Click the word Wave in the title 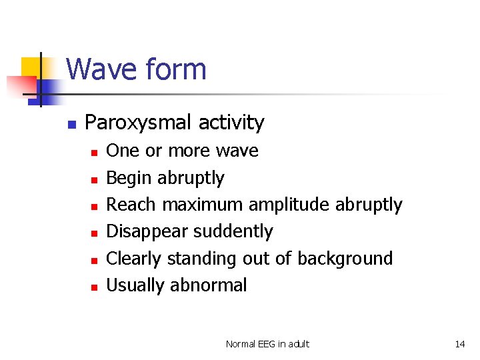coord(102,69)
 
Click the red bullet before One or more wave coord(95,153)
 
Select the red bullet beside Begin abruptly coord(95,179)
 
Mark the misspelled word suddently coord(233,231)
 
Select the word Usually coord(136,285)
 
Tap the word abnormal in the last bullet coord(208,285)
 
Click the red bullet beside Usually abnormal coord(95,287)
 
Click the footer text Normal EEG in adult coord(267,344)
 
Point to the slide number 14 coord(459,344)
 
